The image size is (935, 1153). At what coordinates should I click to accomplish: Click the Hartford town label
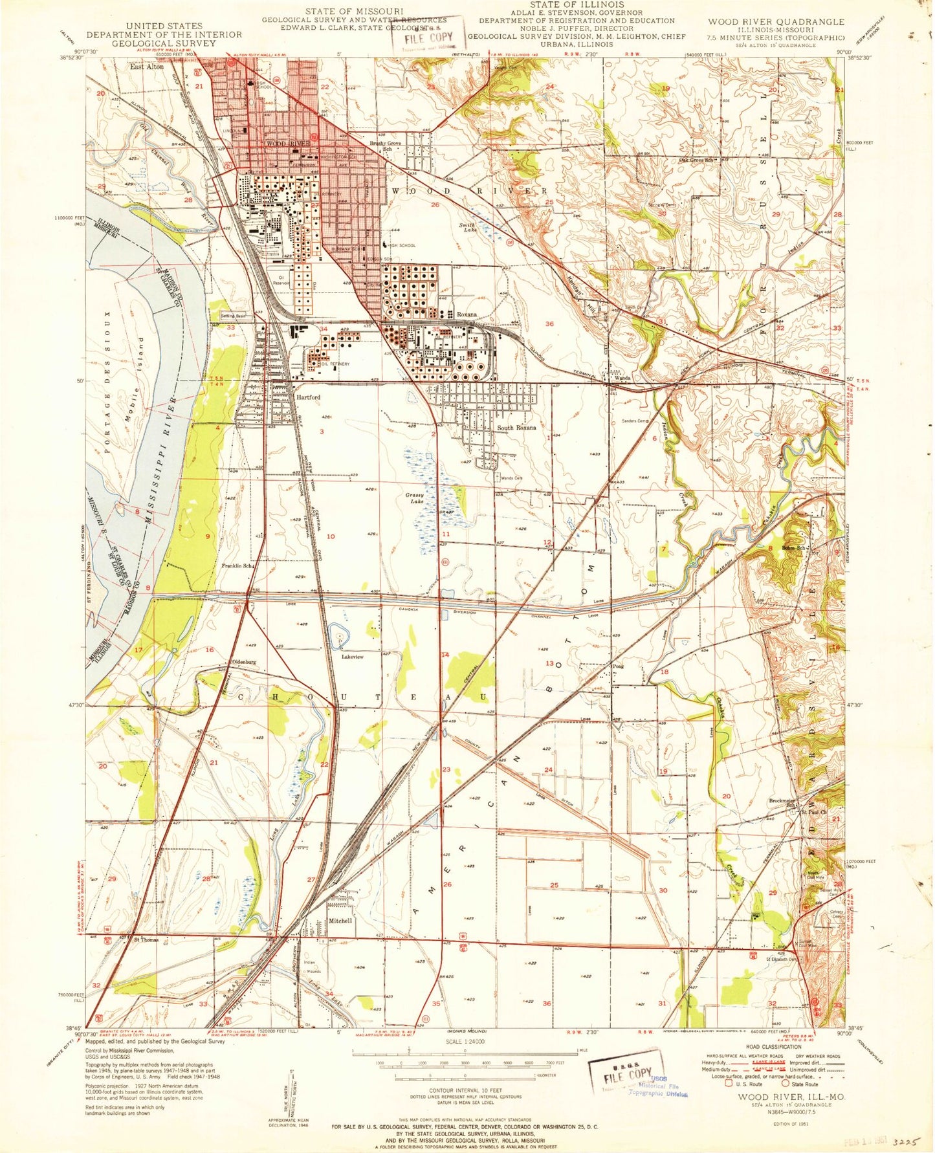pos(308,397)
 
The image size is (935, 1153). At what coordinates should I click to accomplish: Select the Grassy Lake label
pos(414,499)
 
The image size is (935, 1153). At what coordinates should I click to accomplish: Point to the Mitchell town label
pos(340,920)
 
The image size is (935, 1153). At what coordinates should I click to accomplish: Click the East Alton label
pos(146,67)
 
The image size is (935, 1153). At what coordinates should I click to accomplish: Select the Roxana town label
pos(467,314)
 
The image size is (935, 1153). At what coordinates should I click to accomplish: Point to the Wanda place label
pos(622,378)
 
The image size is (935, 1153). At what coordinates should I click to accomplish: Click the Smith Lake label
pos(467,227)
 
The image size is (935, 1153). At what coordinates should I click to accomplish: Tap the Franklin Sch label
pos(237,566)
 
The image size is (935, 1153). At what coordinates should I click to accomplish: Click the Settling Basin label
pos(234,316)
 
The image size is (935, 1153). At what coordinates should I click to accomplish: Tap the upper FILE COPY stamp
pos(428,38)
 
